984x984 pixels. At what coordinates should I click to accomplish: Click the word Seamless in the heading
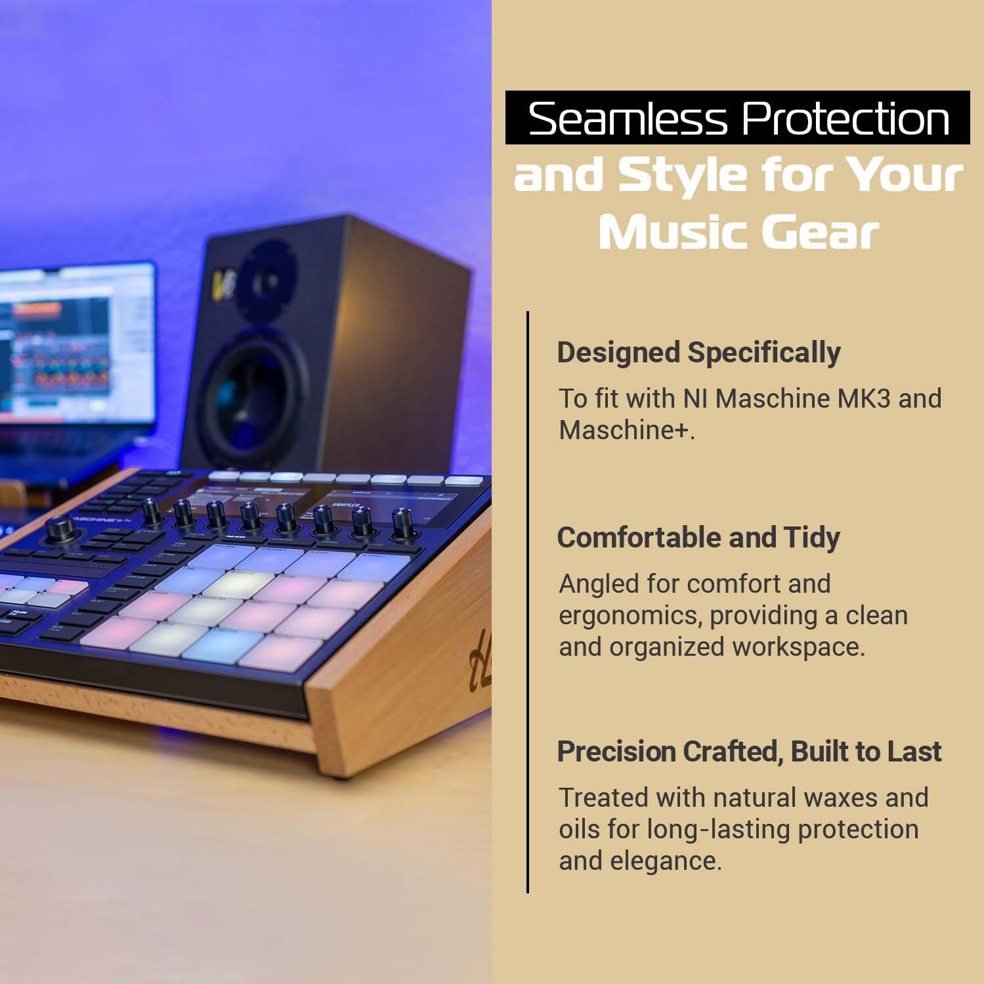point(628,119)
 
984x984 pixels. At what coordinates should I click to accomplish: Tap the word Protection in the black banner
point(845,119)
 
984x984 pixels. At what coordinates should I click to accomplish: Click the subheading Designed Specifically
point(698,353)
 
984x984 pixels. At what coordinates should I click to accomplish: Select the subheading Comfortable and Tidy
point(698,538)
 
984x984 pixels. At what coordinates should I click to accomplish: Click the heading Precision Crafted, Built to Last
point(749,752)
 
